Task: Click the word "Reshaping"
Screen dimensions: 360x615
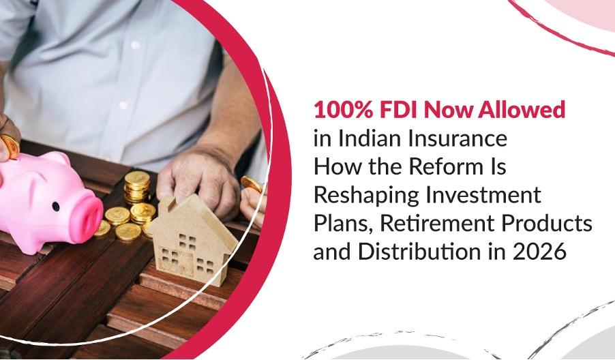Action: click(361, 195)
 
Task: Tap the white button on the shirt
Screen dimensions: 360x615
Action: click(123, 106)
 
